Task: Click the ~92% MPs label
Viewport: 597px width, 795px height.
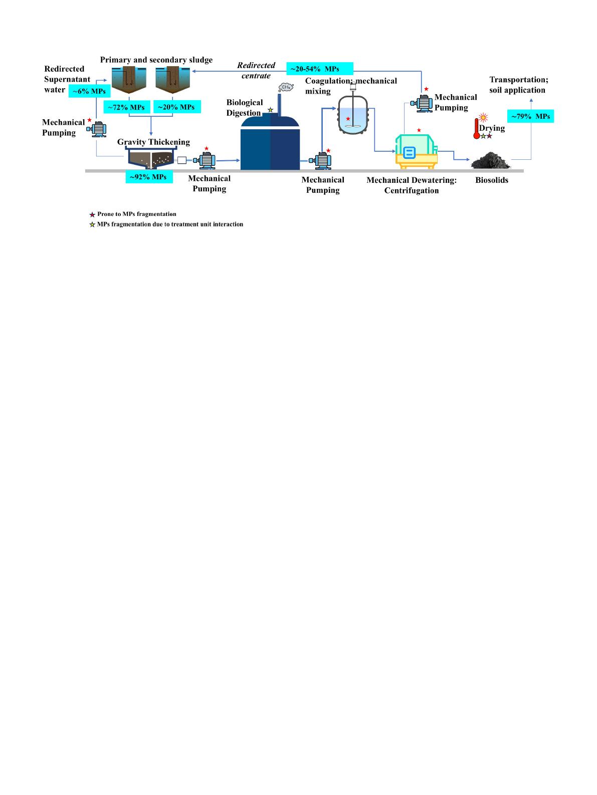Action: (x=149, y=177)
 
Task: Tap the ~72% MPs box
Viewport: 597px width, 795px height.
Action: (x=126, y=107)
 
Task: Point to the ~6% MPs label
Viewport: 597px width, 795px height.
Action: (x=89, y=92)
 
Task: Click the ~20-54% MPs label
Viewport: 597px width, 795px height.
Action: (x=319, y=68)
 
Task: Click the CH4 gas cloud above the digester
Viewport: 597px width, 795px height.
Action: (x=286, y=88)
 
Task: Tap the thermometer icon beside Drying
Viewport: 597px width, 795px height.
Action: (x=476, y=128)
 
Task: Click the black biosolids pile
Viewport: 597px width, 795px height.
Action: (x=491, y=161)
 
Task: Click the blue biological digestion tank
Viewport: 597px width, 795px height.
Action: (x=270, y=143)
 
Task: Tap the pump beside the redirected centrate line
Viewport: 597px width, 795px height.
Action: (x=422, y=103)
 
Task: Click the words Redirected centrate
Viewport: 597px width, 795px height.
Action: (x=256, y=71)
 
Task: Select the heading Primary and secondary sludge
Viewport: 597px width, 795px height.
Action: (x=156, y=60)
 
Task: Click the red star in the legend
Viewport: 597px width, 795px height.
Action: (x=92, y=214)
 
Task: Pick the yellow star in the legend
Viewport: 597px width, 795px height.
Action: (x=92, y=224)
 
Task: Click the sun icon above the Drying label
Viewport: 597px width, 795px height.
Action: (x=483, y=118)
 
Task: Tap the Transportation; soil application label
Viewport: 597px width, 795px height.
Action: (x=517, y=85)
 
